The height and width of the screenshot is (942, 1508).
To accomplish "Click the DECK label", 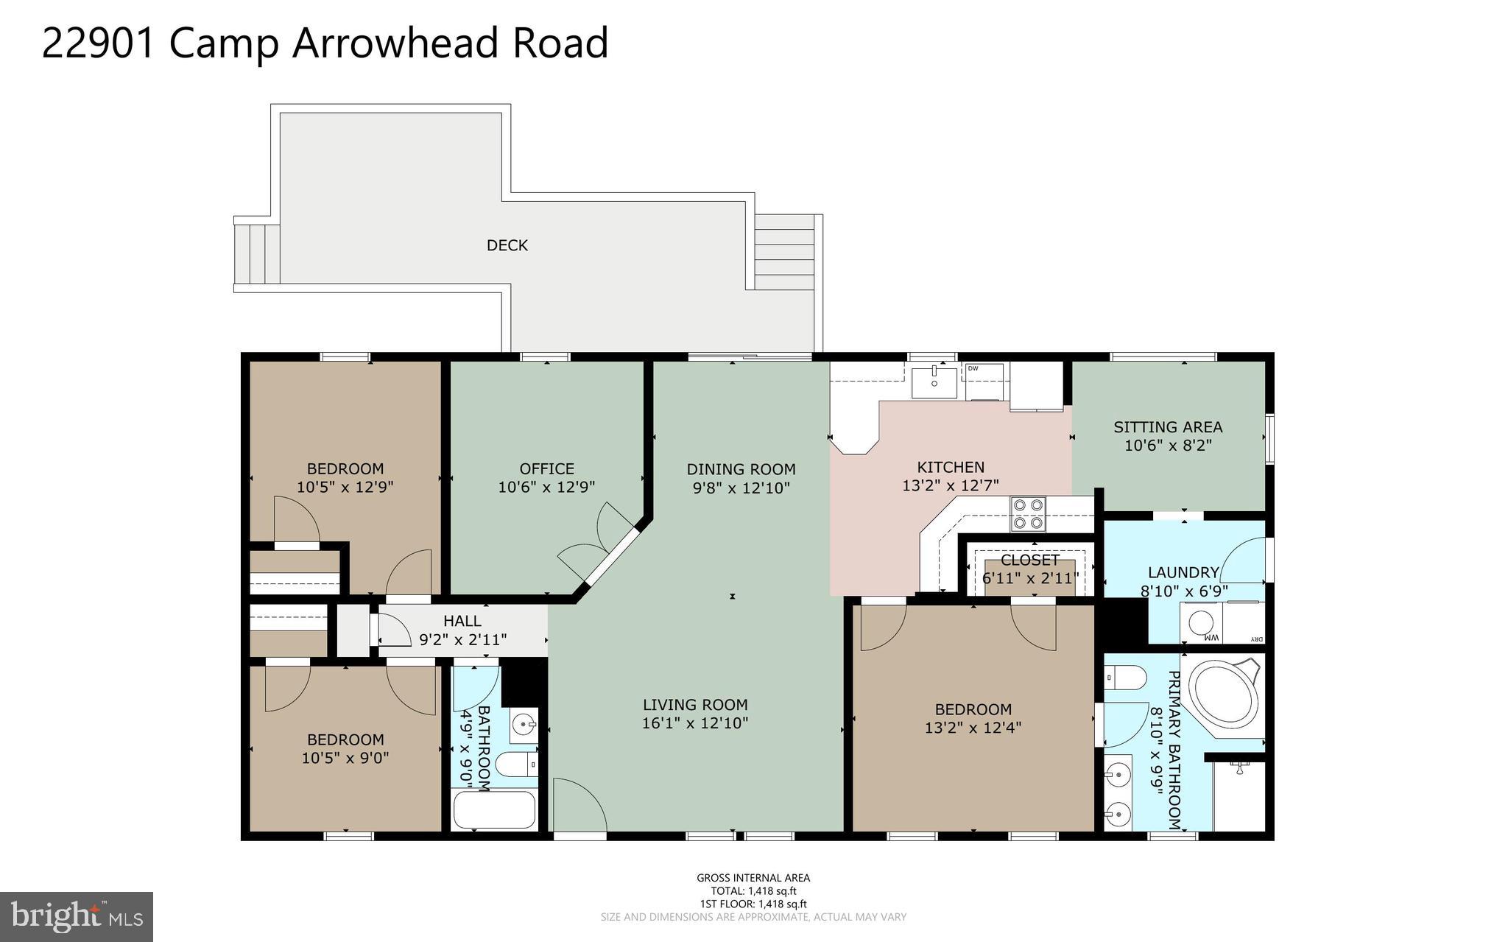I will [507, 245].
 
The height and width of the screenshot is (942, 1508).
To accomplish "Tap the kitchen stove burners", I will [1028, 514].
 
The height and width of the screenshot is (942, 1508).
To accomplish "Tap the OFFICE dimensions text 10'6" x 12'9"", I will [546, 487].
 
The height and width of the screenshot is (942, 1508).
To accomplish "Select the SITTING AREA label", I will [1168, 427].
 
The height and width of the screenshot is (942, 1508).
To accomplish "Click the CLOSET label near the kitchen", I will [1029, 560].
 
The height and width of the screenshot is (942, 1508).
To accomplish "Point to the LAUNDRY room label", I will [1183, 572].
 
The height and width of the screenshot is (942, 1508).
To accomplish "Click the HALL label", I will [462, 621].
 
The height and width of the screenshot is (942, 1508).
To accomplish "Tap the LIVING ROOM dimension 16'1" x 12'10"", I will [695, 723].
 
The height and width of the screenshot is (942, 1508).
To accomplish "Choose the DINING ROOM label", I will [741, 469].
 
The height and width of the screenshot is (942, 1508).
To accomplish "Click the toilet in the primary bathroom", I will [1126, 676].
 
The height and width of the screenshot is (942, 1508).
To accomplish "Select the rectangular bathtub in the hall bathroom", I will [494, 809].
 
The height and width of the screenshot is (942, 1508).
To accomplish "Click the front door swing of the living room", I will [579, 806].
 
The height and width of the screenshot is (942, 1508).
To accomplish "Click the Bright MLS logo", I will [77, 916].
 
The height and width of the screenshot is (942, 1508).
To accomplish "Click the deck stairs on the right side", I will [784, 253].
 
